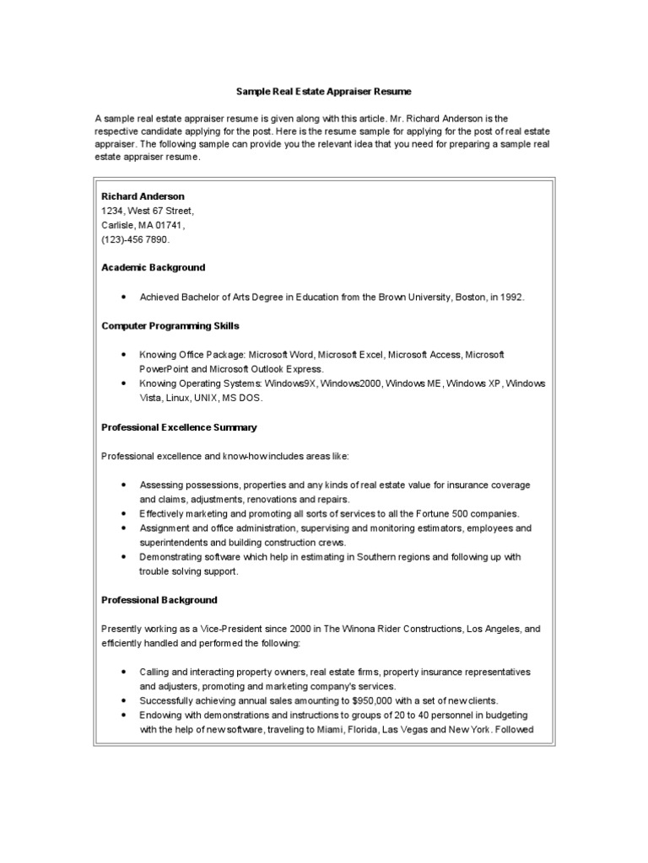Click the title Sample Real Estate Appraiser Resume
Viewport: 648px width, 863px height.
[323, 89]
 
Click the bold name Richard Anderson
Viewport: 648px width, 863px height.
[143, 196]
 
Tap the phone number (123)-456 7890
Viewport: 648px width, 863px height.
[135, 239]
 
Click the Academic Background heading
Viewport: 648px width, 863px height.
[153, 267]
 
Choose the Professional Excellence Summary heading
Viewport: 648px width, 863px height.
[179, 427]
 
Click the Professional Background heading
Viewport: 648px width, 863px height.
[159, 600]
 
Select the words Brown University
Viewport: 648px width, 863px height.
[410, 297]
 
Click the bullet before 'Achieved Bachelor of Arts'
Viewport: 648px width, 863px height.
[124, 297]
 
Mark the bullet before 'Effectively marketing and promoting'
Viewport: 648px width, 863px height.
[124, 513]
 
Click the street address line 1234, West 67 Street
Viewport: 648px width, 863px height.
[147, 211]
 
